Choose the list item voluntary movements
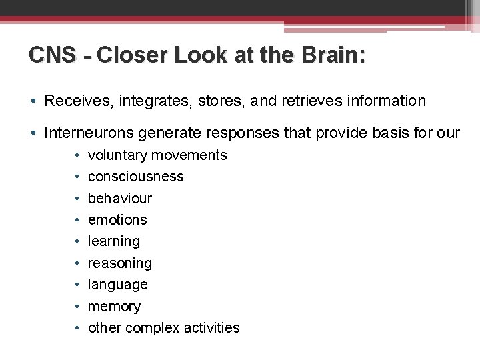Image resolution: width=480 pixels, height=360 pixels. click(157, 155)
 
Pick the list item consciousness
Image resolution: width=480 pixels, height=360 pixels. click(135, 177)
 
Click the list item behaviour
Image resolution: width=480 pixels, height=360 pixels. click(120, 199)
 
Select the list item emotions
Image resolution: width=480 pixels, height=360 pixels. click(117, 220)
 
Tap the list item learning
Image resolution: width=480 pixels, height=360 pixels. click(114, 241)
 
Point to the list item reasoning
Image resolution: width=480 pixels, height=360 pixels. click(120, 263)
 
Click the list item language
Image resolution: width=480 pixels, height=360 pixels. click(118, 285)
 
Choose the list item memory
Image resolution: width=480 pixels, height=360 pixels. click(114, 307)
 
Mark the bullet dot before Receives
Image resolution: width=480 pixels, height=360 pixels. click(32, 101)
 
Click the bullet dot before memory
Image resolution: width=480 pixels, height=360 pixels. click(77, 307)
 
